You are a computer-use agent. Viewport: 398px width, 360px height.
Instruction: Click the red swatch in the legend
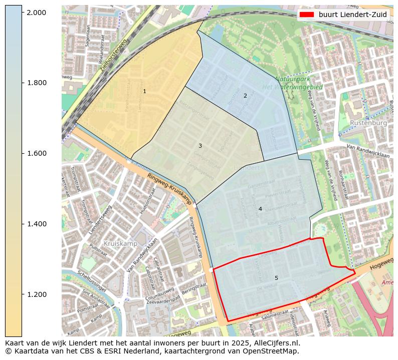[306, 15]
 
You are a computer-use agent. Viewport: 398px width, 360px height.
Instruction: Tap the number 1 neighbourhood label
[144, 91]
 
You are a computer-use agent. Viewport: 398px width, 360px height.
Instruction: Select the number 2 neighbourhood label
[245, 96]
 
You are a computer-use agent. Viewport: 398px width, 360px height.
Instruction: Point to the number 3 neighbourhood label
[200, 146]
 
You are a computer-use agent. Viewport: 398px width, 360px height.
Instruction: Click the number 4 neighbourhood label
[260, 209]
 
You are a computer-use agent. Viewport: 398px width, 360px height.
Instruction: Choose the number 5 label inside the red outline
[276, 278]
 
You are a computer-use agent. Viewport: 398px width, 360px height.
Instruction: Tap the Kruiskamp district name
[120, 243]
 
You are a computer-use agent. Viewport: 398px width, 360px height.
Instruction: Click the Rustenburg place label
[368, 123]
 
